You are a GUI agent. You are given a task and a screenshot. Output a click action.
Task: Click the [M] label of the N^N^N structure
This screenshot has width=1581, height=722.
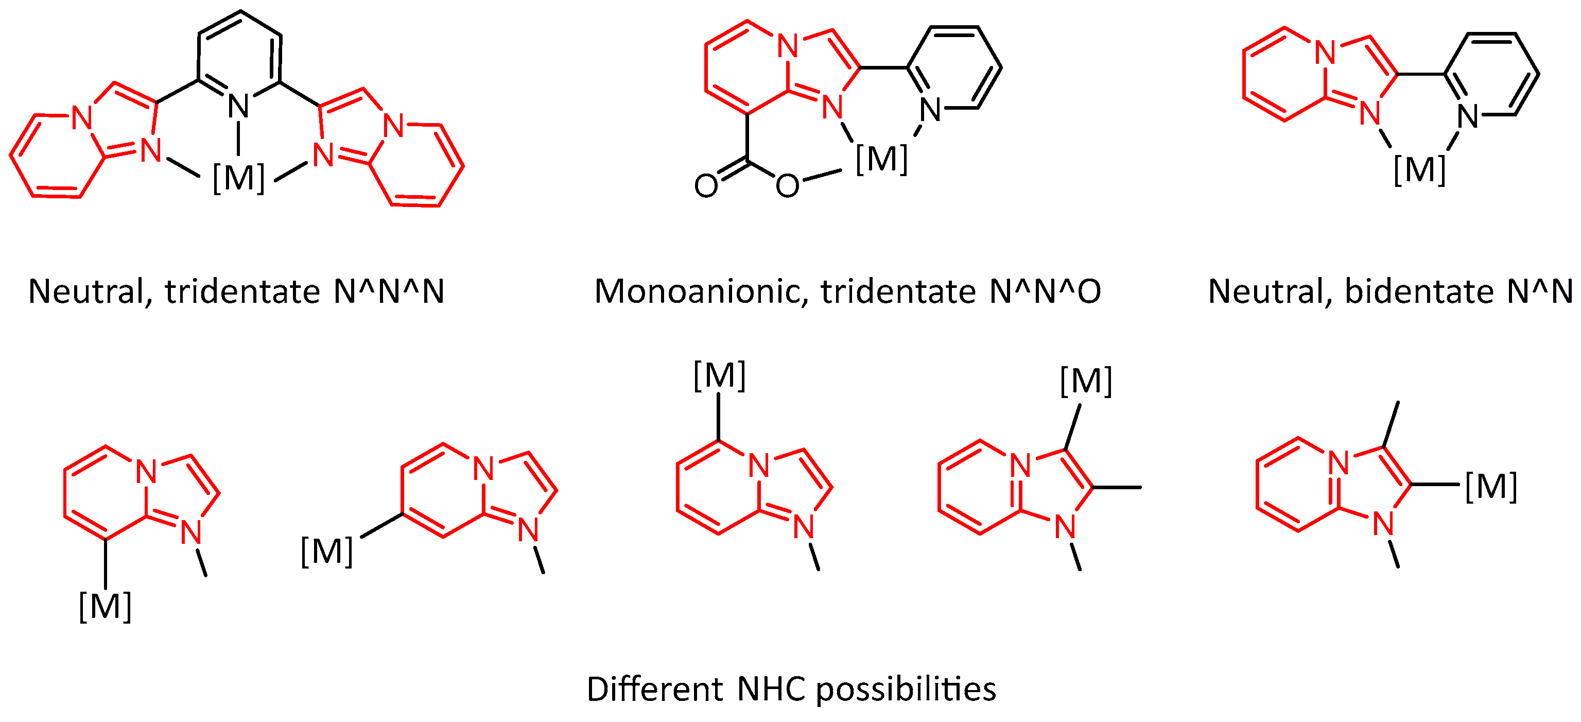(239, 178)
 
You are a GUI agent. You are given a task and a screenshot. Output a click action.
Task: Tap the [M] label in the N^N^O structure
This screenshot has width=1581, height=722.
(881, 159)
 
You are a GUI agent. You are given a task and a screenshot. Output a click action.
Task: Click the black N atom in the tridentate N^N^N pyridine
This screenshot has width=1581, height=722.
(239, 107)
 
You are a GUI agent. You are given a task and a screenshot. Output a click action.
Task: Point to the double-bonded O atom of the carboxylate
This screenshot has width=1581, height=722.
(706, 185)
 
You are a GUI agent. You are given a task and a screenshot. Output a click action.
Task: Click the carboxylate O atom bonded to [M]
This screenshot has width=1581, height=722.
(788, 185)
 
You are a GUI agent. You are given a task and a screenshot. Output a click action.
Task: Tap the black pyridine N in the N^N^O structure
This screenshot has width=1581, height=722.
(930, 111)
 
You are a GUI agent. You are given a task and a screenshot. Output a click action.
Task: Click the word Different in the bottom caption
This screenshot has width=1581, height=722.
(655, 689)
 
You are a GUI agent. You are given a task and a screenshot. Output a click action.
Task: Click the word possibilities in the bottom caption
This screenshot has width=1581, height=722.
(906, 689)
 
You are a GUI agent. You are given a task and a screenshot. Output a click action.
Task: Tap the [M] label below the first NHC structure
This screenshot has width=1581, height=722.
(106, 607)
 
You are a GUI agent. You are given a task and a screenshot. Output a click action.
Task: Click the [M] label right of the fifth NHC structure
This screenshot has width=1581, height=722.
(1491, 487)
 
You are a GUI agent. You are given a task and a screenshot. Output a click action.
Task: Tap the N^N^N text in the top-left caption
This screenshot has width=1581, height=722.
(389, 291)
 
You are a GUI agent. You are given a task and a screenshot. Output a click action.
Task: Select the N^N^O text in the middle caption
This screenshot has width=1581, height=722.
(1045, 291)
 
